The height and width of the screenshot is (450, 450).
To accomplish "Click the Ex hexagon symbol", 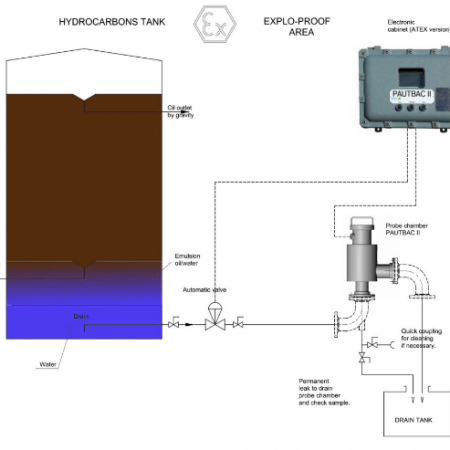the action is point(215,24).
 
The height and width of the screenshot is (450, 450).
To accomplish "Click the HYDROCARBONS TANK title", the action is point(112,22).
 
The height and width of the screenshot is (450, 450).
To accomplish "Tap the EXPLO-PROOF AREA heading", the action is point(297,27).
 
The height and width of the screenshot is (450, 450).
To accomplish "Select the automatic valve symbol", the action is point(215,317).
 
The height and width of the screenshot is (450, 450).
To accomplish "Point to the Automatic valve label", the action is point(204,290).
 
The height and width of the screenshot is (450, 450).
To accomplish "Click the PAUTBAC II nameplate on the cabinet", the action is point(412,94).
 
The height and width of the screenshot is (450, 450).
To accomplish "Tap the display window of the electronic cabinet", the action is point(411,78).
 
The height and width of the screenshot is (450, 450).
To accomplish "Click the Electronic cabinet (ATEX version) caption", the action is point(419,26).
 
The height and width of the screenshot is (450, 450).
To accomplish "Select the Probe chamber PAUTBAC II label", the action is point(407,229).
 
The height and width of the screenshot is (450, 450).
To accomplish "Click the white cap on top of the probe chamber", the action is point(362,221).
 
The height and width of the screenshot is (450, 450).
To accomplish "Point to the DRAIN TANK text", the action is point(413,420).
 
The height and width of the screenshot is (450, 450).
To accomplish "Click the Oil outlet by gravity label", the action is point(180,111).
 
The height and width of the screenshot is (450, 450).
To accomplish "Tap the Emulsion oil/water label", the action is point(187,260).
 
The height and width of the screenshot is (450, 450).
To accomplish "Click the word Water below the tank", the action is point(48,364).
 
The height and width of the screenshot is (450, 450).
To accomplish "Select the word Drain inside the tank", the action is point(81,316).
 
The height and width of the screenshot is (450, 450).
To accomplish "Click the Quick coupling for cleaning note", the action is point(421,338).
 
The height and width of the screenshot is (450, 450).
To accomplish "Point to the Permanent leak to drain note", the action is point(324,392).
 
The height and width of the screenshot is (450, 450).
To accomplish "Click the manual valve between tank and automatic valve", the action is point(173,322).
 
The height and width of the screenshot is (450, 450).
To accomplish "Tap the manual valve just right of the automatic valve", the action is point(238,322).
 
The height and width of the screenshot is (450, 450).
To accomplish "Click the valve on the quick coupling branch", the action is point(372,343).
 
